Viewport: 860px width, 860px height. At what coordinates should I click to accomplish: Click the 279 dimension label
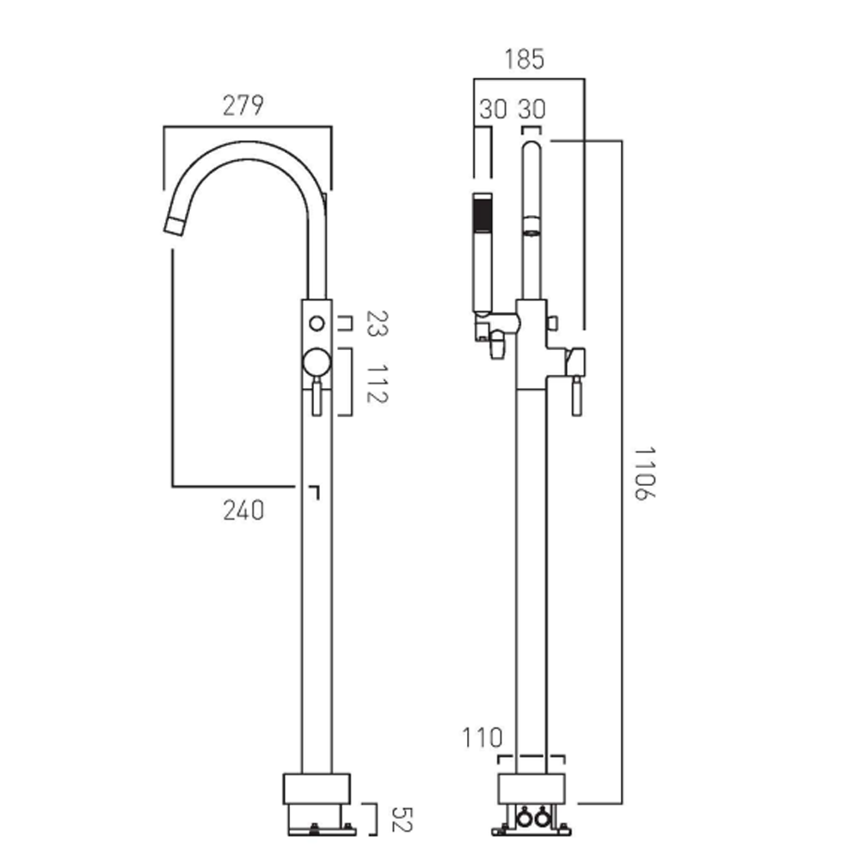[x=243, y=106]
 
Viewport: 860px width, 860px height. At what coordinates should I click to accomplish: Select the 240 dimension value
[x=243, y=511]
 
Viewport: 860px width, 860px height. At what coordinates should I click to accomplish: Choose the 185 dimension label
[x=525, y=59]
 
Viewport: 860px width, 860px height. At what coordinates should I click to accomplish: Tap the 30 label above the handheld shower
[x=493, y=110]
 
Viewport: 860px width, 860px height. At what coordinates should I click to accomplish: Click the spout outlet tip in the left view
[x=175, y=225]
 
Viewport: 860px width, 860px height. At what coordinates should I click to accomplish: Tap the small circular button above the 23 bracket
[x=316, y=323]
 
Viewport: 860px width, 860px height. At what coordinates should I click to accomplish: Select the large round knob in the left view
[x=316, y=362]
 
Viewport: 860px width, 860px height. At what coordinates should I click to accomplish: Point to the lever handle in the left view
[x=316, y=397]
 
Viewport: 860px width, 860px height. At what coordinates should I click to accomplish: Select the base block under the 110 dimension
[x=531, y=788]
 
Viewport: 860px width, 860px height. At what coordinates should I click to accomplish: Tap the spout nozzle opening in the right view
[x=532, y=231]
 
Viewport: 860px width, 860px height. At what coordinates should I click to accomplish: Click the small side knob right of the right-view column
[x=553, y=322]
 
